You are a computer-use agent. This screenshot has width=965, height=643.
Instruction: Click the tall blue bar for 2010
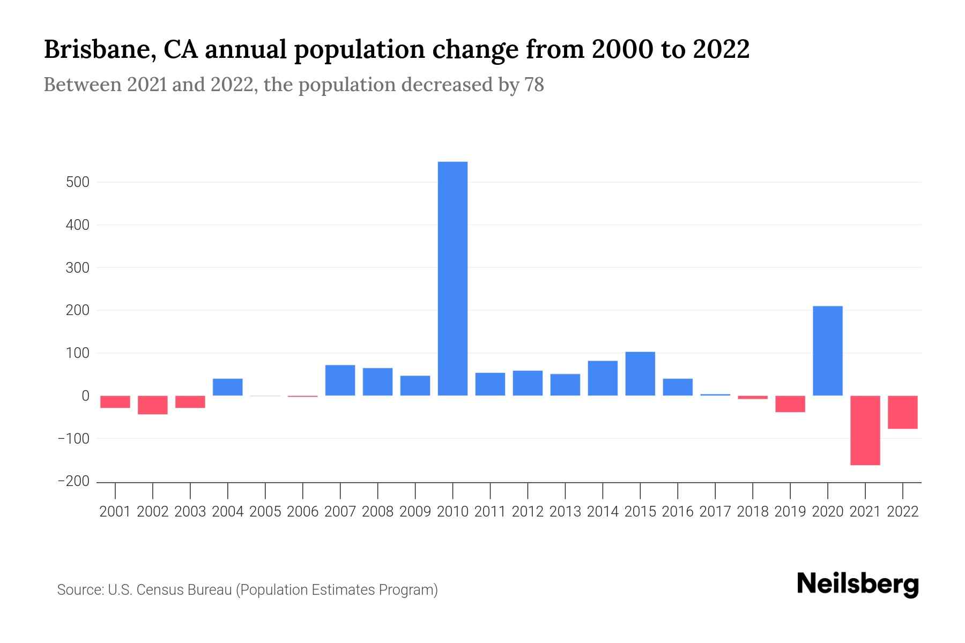tap(452, 279)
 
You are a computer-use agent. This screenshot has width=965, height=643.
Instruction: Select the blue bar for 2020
tap(827, 351)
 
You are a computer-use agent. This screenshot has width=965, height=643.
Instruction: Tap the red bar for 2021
tap(865, 430)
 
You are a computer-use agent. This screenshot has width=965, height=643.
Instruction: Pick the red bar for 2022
tap(902, 412)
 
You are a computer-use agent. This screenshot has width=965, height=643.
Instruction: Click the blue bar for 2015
tap(640, 373)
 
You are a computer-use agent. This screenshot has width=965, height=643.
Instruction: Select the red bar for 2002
tap(153, 405)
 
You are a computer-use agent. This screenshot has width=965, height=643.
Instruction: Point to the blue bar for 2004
tap(228, 387)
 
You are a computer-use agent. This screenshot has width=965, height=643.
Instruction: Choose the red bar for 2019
tap(790, 404)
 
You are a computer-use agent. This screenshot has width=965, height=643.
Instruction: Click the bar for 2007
tap(340, 380)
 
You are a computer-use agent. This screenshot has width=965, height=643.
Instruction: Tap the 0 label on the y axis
tap(85, 396)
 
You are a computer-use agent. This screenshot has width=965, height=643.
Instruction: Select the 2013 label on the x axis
tap(565, 512)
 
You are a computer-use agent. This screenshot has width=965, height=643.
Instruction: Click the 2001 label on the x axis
tap(115, 512)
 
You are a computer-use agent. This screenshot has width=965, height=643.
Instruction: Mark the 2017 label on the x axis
tap(715, 512)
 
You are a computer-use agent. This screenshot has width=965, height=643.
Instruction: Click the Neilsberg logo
tap(857, 585)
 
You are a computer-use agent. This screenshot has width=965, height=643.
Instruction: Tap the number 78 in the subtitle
tap(534, 85)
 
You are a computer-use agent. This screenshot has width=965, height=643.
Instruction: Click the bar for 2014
tap(603, 378)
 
